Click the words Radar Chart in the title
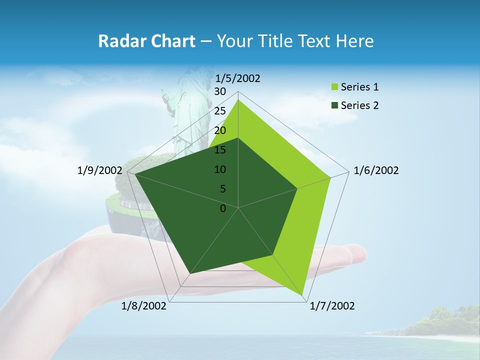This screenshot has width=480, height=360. tap(146, 41)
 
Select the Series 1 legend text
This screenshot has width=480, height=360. tap(359, 87)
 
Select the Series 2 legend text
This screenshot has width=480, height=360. tap(359, 105)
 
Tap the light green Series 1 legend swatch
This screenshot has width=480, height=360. tap(334, 87)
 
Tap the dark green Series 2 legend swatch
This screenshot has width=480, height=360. tap(334, 105)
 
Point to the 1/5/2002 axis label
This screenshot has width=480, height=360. tap(237, 78)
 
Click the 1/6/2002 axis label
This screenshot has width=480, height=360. tap(376, 170)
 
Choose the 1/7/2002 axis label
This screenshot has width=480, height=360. tap(332, 306)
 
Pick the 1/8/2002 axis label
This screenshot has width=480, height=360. tap(144, 306)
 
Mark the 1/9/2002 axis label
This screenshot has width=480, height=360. tap(100, 170)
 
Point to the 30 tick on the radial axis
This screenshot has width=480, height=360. tap(220, 91)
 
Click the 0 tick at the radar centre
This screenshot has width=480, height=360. tap(223, 208)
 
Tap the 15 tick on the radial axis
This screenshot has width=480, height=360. tap(220, 150)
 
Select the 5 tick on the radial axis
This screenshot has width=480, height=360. tap(222, 189)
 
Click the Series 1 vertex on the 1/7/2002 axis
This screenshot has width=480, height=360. tap(302, 295)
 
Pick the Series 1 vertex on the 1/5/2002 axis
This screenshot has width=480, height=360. tap(238, 99)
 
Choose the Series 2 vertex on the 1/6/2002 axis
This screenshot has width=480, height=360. tap(297, 188)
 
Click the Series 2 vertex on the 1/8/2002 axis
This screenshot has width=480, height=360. tap(189, 274)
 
